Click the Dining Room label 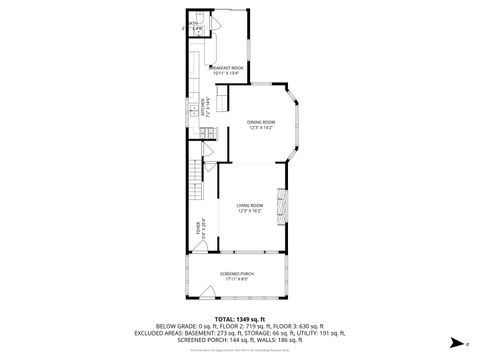click(x=260, y=121)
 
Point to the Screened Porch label click(x=237, y=272)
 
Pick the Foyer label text click(x=197, y=225)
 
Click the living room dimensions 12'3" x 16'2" click(x=250, y=212)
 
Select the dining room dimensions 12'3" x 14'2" click(x=260, y=127)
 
